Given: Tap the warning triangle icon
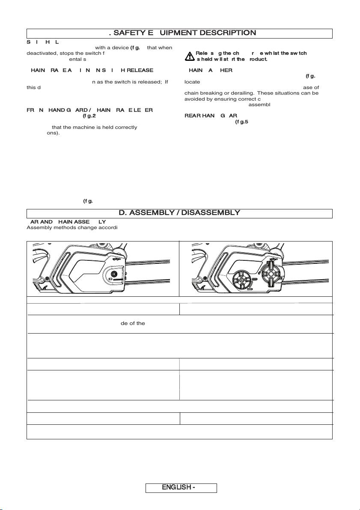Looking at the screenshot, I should point(190,56).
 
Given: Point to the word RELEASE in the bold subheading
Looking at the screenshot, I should point(140,70).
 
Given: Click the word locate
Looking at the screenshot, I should point(192,81).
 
